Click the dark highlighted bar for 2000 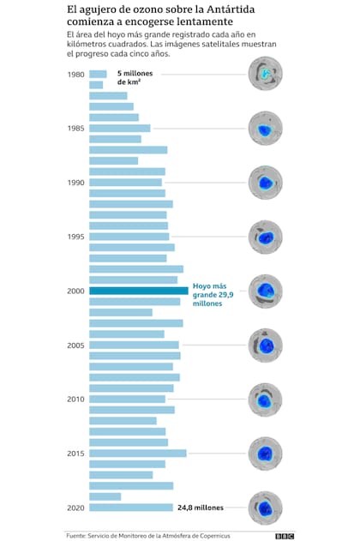click(139, 291)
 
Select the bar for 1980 click(98, 75)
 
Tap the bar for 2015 click(138, 454)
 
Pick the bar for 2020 click(131, 508)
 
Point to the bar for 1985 click(120, 129)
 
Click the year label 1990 click(75, 183)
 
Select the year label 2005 click(75, 345)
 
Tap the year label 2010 click(75, 400)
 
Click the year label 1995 click(75, 237)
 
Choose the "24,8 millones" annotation click(201, 508)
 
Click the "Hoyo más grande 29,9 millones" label click(213, 295)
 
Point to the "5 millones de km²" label click(135, 78)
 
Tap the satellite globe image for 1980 click(265, 74)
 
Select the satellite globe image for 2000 click(265, 292)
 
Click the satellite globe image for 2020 click(265, 508)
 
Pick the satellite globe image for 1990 click(265, 183)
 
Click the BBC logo click(285, 536)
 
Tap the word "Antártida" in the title click(231, 9)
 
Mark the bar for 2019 click(105, 496)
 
